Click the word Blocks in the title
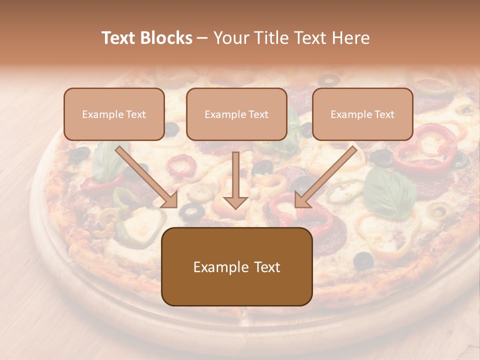(x=166, y=38)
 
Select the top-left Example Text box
(x=114, y=114)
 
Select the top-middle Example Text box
(x=236, y=114)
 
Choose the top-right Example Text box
(x=362, y=114)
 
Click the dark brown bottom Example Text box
(x=236, y=266)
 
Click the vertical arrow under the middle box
(x=235, y=180)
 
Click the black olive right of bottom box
(x=363, y=260)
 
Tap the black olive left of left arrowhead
(x=79, y=154)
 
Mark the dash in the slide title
(x=202, y=38)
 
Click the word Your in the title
(x=230, y=38)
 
